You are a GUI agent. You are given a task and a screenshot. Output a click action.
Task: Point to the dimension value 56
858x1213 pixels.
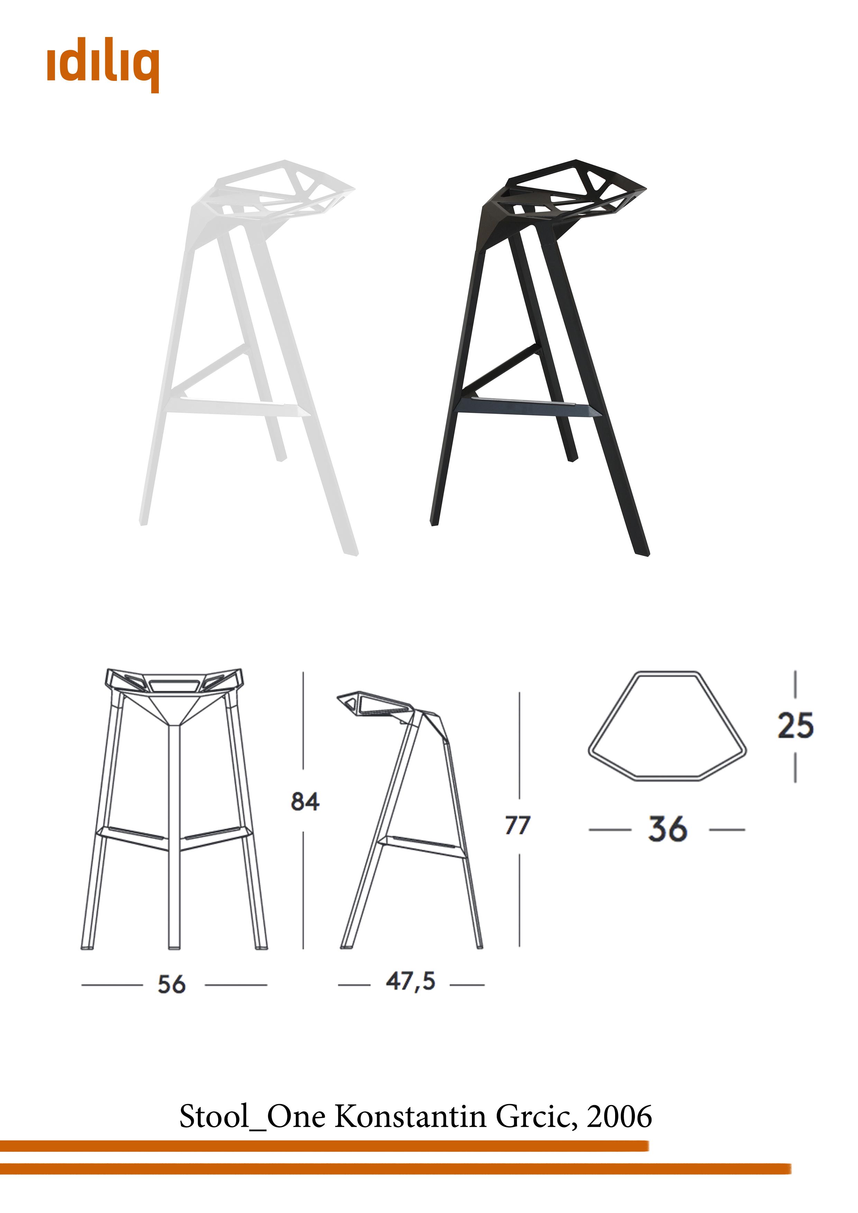(x=172, y=985)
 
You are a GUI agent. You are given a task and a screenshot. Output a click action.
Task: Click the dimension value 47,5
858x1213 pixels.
(x=410, y=982)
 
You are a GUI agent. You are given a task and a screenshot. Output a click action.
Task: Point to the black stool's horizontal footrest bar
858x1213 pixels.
(x=529, y=408)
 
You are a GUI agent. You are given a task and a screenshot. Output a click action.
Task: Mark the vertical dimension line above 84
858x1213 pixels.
(x=303, y=720)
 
